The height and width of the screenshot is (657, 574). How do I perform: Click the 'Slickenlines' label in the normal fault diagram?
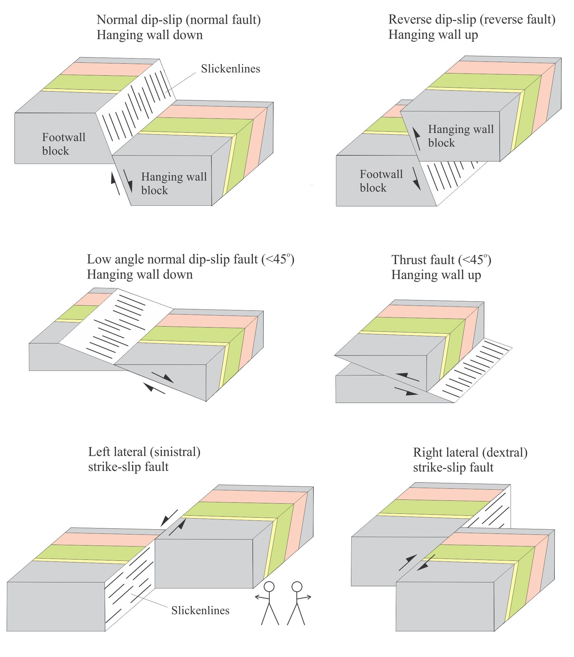click(x=230, y=69)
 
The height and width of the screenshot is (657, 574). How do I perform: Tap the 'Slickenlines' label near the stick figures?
click(x=200, y=610)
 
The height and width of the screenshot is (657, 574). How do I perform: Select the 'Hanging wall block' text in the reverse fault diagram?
click(x=461, y=136)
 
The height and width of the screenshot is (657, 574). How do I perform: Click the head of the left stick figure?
click(x=269, y=587)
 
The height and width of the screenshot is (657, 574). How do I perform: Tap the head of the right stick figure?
click(x=297, y=587)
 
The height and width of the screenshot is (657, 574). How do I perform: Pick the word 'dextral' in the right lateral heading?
click(x=505, y=452)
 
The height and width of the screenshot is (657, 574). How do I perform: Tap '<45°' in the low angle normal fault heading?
click(x=277, y=259)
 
